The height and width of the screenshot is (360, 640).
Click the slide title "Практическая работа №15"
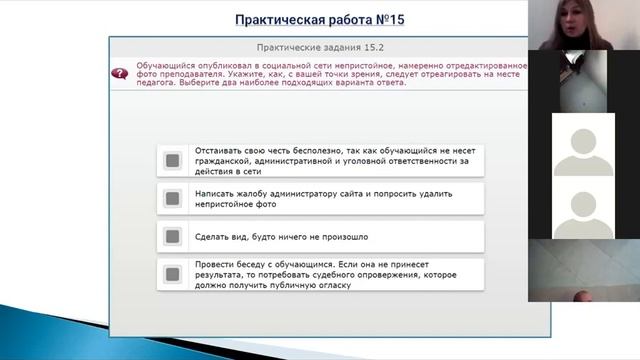[x=319, y=19]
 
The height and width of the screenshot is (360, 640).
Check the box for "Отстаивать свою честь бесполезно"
[x=172, y=160]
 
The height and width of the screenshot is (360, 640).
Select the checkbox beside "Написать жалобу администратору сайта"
[x=172, y=198]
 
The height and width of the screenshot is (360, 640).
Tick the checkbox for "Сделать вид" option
[x=172, y=237]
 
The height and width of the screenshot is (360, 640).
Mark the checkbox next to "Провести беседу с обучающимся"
[x=172, y=274]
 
